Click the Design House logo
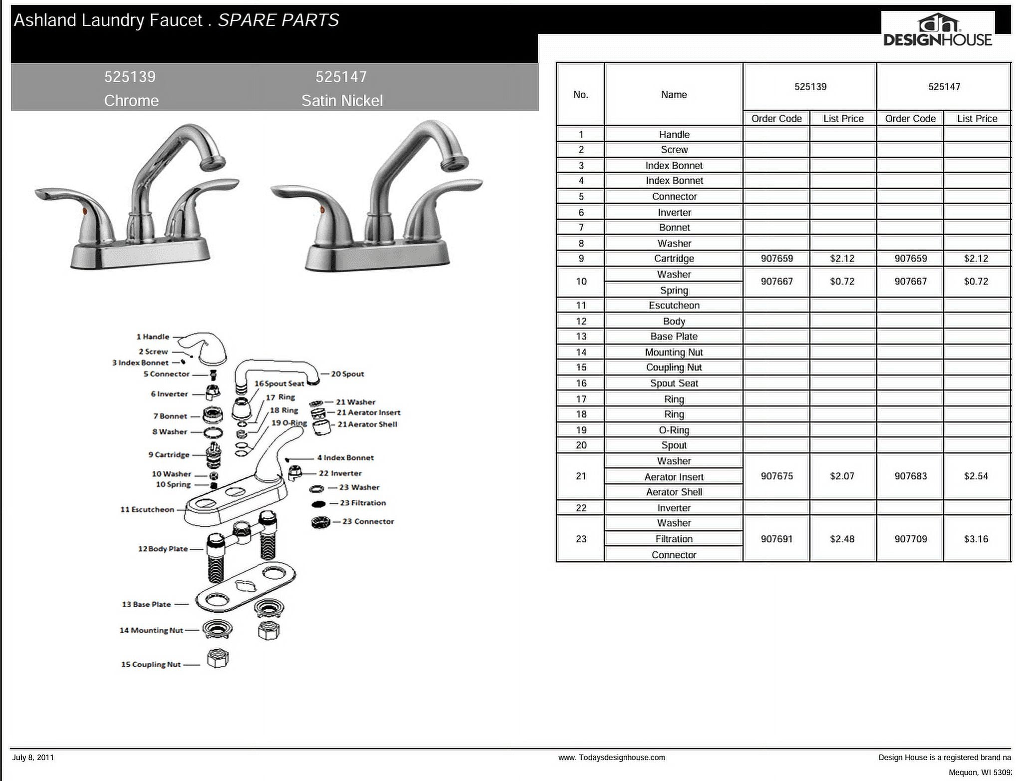pyautogui.click(x=938, y=30)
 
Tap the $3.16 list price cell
pyautogui.click(x=976, y=539)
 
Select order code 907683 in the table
pyautogui.click(x=910, y=476)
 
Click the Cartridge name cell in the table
pyautogui.click(x=674, y=258)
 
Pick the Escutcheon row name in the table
pyautogui.click(x=674, y=305)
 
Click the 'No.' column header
pyautogui.click(x=580, y=94)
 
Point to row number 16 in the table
pyautogui.click(x=581, y=383)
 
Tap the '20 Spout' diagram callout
pyautogui.click(x=347, y=374)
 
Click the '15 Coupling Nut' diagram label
pyautogui.click(x=151, y=664)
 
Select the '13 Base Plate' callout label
pyautogui.click(x=146, y=604)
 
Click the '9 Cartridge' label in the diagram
pyautogui.click(x=169, y=454)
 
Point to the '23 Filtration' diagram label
pyautogui.click(x=363, y=503)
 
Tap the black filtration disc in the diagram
pyautogui.click(x=319, y=504)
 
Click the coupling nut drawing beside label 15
pyautogui.click(x=218, y=658)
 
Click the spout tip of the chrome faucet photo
pyautogui.click(x=213, y=163)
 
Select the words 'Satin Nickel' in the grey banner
pyautogui.click(x=342, y=100)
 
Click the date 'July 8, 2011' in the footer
pyautogui.click(x=33, y=757)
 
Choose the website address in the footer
pyautogui.click(x=611, y=758)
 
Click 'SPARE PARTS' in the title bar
pyautogui.click(x=278, y=20)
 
